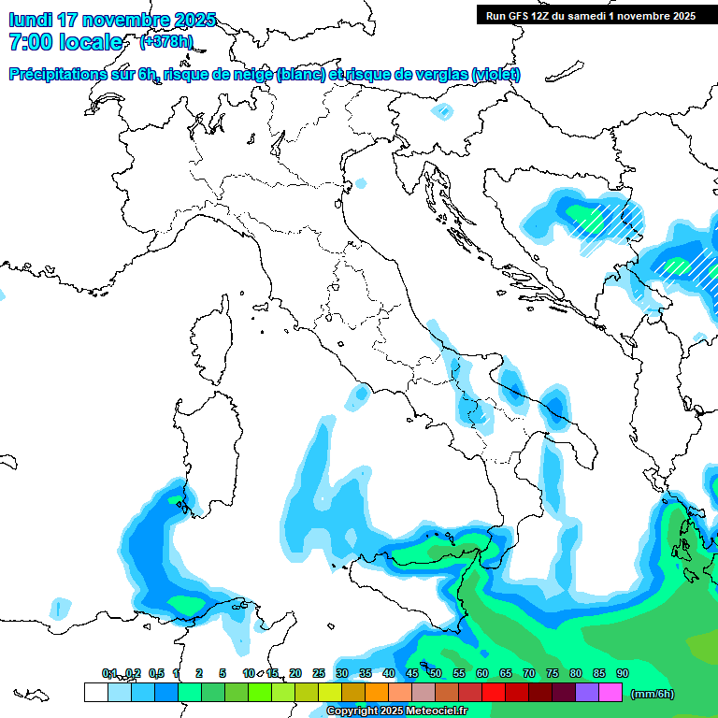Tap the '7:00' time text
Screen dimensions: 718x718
coord(30,42)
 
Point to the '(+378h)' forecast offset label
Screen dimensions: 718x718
coord(166,42)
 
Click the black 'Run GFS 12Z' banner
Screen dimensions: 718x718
coord(590,15)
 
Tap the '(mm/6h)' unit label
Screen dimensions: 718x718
coord(652,694)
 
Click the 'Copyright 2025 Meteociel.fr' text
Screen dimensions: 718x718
coord(396,711)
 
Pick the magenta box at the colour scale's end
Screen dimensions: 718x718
coord(610,692)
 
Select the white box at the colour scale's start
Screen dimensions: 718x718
coord(95,692)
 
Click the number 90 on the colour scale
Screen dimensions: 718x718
coord(622,673)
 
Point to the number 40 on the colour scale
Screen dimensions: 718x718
coord(388,673)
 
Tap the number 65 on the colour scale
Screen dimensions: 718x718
coord(505,673)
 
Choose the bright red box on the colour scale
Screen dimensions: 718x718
coord(494,692)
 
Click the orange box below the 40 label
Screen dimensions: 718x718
coord(377,692)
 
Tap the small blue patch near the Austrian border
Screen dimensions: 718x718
coord(440,111)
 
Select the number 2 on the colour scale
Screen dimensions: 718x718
coord(199,673)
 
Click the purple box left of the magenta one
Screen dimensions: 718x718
coord(587,692)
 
